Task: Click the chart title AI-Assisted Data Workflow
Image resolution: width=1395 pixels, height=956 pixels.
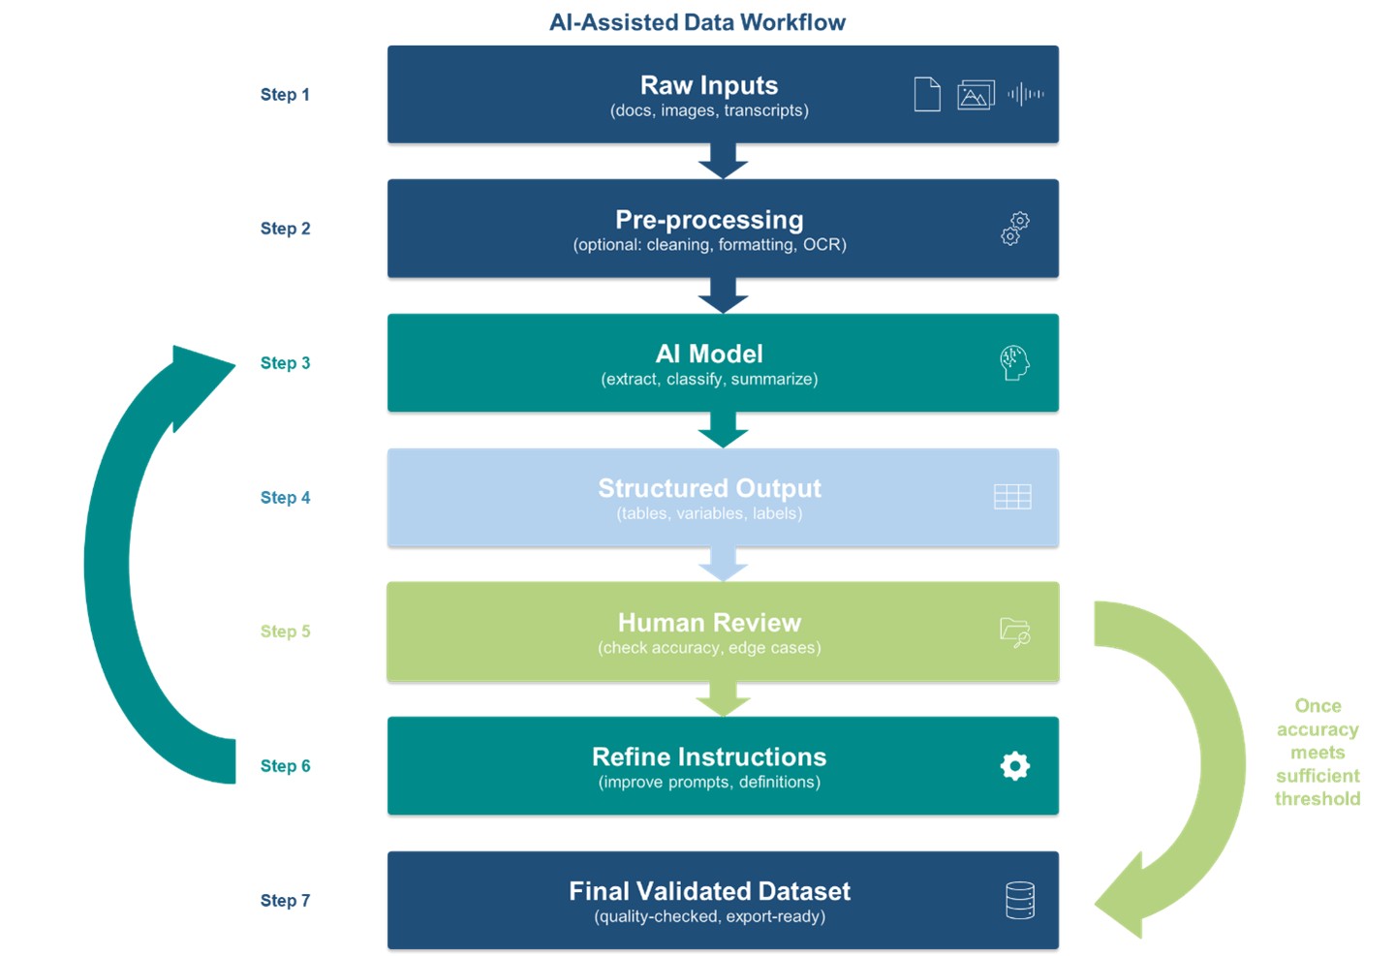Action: pos(697,22)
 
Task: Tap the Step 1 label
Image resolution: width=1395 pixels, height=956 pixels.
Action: pos(285,95)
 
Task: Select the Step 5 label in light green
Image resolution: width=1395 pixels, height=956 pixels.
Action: pos(285,632)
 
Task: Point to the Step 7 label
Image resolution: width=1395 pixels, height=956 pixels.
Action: pos(285,901)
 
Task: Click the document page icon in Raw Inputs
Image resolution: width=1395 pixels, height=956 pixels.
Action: pos(927,94)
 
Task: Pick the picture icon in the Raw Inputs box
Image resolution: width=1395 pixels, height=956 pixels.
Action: pos(976,95)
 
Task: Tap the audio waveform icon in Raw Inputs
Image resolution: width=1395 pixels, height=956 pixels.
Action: pos(1025,94)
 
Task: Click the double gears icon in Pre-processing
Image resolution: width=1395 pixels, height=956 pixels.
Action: pos(1014,229)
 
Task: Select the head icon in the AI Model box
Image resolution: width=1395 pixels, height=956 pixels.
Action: pos(1014,363)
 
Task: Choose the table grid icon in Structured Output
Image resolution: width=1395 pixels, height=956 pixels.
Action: pos(1012,497)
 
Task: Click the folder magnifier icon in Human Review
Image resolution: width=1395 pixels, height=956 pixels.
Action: pos(1014,632)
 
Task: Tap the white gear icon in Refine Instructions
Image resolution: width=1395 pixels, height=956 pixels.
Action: pos(1014,766)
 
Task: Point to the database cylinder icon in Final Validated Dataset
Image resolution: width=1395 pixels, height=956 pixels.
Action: pos(1019,901)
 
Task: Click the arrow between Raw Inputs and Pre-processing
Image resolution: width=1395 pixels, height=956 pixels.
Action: pos(723,161)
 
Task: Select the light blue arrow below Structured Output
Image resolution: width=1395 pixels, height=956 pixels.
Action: pos(723,564)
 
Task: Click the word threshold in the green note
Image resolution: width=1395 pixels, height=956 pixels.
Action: pos(1317,799)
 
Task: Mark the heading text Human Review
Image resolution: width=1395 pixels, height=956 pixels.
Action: pos(709,623)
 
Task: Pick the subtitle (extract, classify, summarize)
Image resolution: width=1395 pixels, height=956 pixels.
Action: pos(709,380)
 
